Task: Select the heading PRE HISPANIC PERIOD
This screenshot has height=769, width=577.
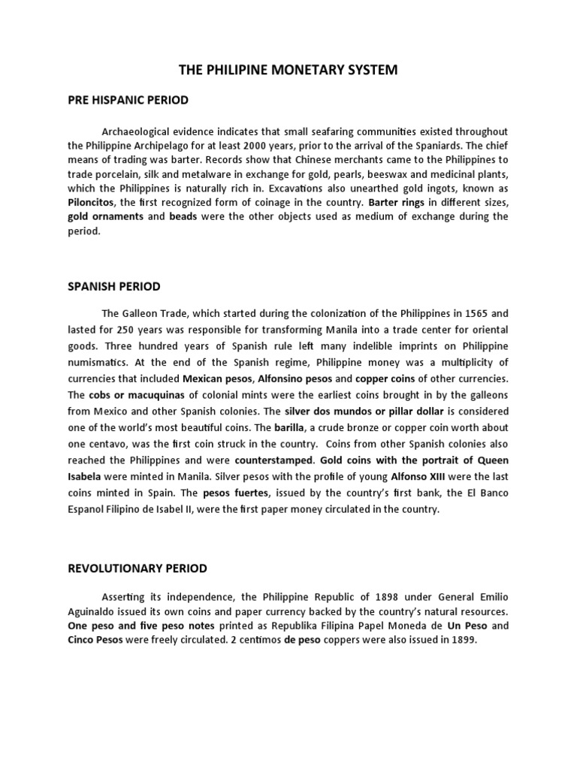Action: click(x=128, y=100)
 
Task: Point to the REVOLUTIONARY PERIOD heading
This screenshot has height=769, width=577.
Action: click(x=137, y=568)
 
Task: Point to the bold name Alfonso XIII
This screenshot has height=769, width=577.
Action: click(x=417, y=477)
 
